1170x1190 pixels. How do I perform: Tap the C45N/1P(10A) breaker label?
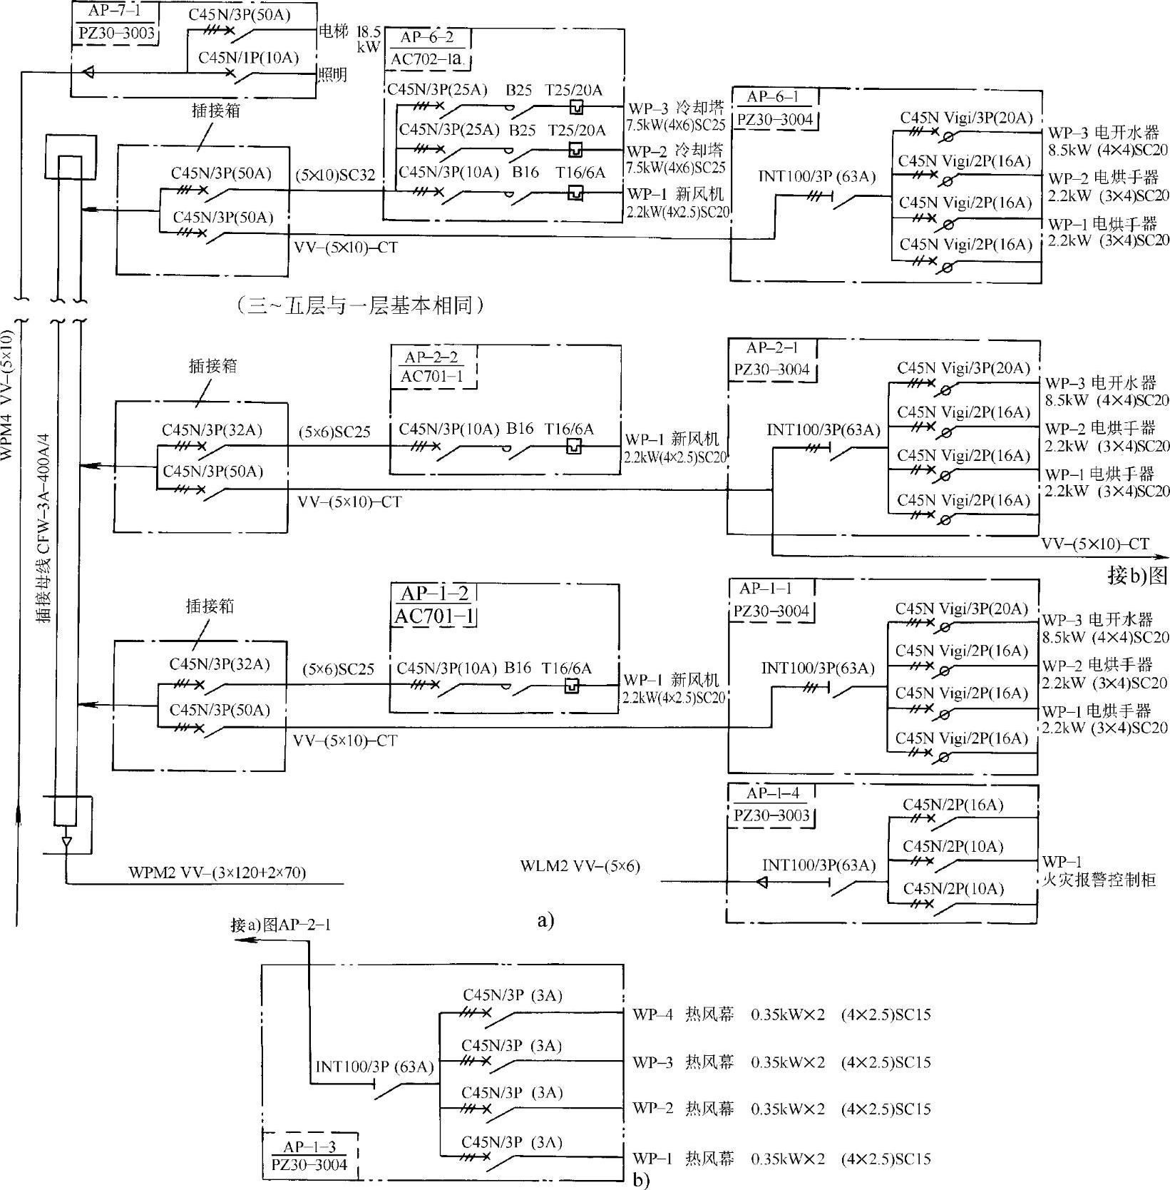[x=248, y=57]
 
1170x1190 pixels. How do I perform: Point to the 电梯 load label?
[x=333, y=31]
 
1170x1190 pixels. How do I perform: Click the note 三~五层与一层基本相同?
[x=359, y=306]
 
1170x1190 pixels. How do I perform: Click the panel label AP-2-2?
[x=432, y=355]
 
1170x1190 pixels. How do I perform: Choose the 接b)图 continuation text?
[x=1139, y=575]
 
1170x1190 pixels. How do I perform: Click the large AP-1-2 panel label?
[x=434, y=594]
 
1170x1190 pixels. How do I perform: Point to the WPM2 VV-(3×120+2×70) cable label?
[x=217, y=872]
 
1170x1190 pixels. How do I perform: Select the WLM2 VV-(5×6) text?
[x=580, y=866]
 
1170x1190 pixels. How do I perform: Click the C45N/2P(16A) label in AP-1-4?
[x=953, y=805]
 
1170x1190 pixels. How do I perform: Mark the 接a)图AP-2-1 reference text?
[x=281, y=925]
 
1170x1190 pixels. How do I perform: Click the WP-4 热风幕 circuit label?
[x=683, y=1014]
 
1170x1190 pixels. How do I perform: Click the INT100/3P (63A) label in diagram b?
[x=375, y=1067]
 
